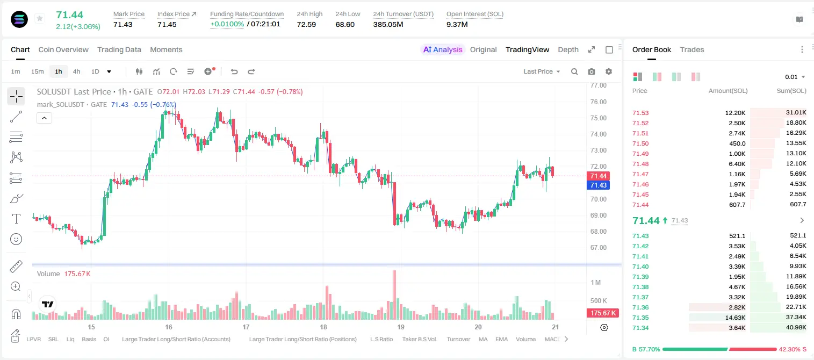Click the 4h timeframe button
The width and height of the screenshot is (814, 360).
[x=76, y=71]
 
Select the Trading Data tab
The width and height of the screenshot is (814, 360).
[x=119, y=49]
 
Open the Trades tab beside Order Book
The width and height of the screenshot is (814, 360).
[x=692, y=49]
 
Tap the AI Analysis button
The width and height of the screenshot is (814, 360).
[x=443, y=49]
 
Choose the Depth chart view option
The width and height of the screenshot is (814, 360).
[x=568, y=49]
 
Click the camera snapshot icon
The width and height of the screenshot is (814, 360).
[x=592, y=71]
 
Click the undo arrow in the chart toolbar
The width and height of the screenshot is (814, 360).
[x=234, y=71]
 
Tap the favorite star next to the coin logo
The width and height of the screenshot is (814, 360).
[x=40, y=18]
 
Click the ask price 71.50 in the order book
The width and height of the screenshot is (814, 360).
[x=640, y=143]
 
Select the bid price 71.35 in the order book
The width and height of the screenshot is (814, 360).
[x=640, y=318]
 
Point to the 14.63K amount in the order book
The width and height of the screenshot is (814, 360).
[x=735, y=318]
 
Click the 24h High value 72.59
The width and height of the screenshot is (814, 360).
[x=306, y=24]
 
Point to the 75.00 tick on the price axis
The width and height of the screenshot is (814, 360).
[x=599, y=118]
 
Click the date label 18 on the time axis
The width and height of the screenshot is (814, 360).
[x=323, y=327]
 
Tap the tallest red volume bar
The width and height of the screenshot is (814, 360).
[x=394, y=295]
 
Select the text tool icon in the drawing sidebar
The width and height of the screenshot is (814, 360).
[x=16, y=219]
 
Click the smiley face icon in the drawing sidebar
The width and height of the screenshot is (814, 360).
[x=16, y=239]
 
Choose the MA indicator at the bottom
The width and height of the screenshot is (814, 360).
[x=483, y=339]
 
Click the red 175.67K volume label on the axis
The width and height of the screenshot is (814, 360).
[x=602, y=313]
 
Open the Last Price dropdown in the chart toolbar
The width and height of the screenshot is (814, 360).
[x=542, y=71]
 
